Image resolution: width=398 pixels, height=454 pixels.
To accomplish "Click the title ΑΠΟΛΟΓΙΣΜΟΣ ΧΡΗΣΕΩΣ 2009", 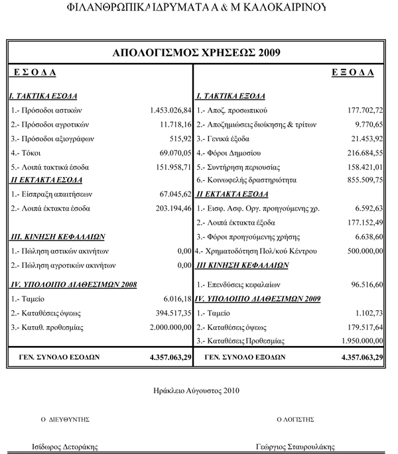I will click(197, 53).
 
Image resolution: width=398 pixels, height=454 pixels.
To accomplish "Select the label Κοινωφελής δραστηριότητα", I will click(246, 180).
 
